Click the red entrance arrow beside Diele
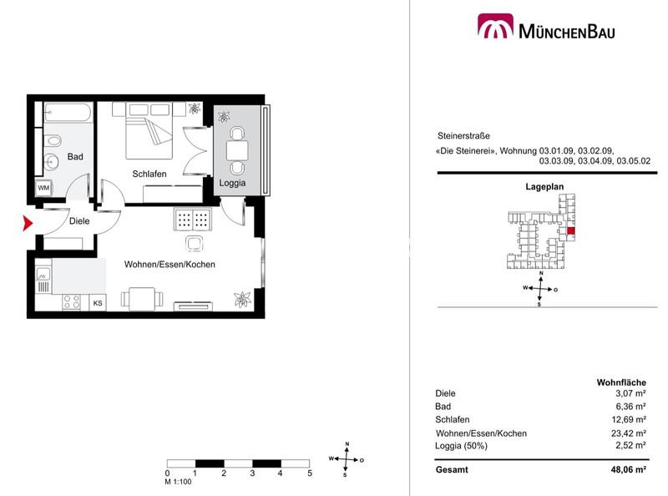28,223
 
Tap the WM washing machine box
43,188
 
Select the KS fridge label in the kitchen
98,303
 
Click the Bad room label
75,157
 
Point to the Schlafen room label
149,174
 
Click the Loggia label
232,183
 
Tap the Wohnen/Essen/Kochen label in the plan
170,264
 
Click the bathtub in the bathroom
68,113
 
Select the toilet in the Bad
53,140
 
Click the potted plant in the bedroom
195,109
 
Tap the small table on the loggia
237,150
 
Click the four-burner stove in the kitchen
71,302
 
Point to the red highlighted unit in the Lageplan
571,231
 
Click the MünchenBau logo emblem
495,26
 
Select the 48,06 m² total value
629,469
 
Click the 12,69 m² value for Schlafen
629,419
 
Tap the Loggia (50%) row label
461,446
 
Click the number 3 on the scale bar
252,473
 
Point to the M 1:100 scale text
178,482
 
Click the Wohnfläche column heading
621,382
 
